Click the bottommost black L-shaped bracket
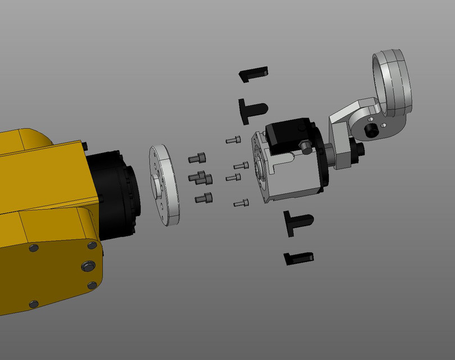(x=298, y=258)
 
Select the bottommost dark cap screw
(x=204, y=198)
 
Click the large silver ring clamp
(x=394, y=84)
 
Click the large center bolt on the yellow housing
(x=88, y=266)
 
